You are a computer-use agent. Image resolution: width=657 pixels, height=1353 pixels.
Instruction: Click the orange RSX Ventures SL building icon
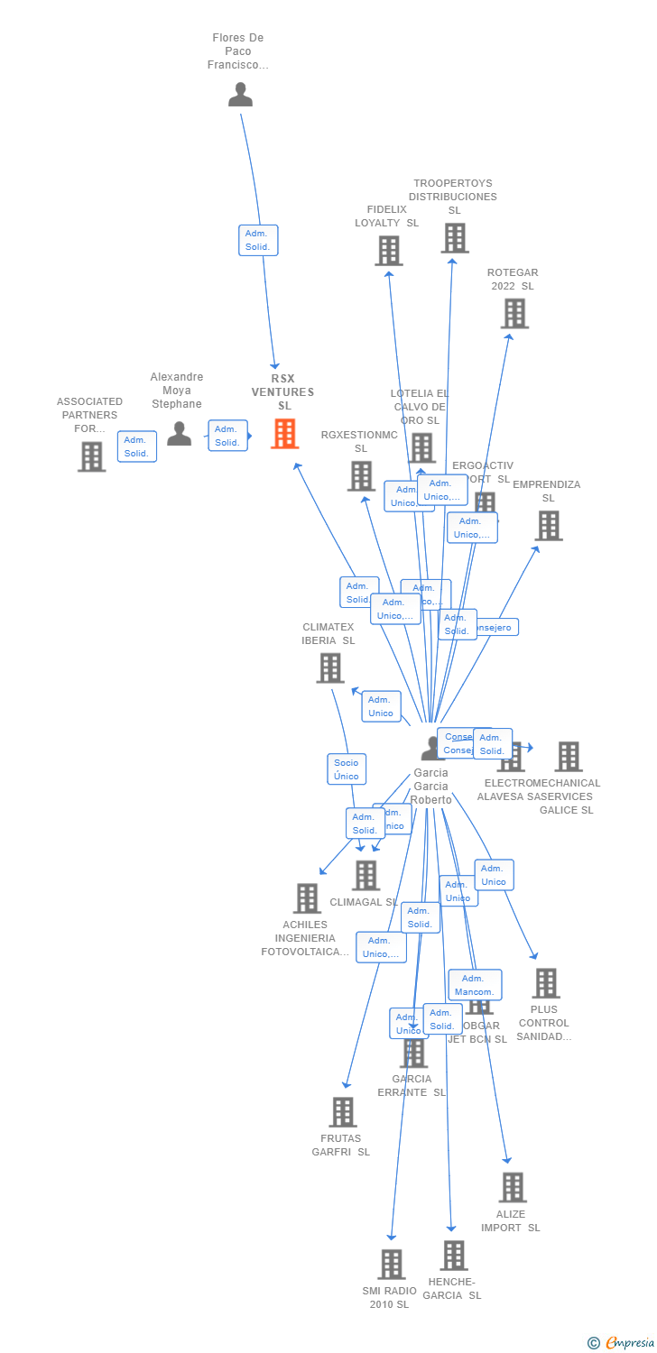(285, 434)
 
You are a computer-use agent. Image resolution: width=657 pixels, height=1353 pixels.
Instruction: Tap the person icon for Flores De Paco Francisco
(240, 95)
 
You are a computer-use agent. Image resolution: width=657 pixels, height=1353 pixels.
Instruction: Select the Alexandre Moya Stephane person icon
(180, 434)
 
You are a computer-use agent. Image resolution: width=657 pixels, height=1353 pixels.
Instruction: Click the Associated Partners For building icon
(91, 456)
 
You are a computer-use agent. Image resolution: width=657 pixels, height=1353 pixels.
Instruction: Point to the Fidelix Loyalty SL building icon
(389, 251)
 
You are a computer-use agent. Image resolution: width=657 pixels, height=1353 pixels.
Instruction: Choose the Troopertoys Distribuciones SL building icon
(455, 238)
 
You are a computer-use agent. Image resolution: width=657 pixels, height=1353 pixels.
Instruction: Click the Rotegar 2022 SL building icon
(514, 314)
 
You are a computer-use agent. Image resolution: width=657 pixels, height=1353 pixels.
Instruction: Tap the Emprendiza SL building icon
(549, 525)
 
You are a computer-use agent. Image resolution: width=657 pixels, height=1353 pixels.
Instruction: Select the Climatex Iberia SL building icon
(330, 667)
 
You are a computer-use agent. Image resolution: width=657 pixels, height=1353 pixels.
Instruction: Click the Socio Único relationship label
(346, 769)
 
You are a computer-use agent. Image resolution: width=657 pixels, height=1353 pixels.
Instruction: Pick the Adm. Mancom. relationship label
(475, 985)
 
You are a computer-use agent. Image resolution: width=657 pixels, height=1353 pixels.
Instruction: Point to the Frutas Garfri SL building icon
(343, 1112)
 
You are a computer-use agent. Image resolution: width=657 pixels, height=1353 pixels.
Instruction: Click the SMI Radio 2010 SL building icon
(391, 1265)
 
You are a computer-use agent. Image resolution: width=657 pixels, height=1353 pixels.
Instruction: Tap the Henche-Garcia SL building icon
(454, 1255)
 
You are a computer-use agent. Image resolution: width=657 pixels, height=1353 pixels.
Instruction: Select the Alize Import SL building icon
(513, 1188)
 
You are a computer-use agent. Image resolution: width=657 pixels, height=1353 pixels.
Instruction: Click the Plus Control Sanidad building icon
(546, 983)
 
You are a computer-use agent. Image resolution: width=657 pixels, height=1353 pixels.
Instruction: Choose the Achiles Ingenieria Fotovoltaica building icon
(308, 898)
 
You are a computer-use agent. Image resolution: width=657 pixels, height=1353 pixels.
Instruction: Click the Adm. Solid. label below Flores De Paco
(258, 240)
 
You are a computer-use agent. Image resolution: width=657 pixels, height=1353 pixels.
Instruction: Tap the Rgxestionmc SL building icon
(361, 475)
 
